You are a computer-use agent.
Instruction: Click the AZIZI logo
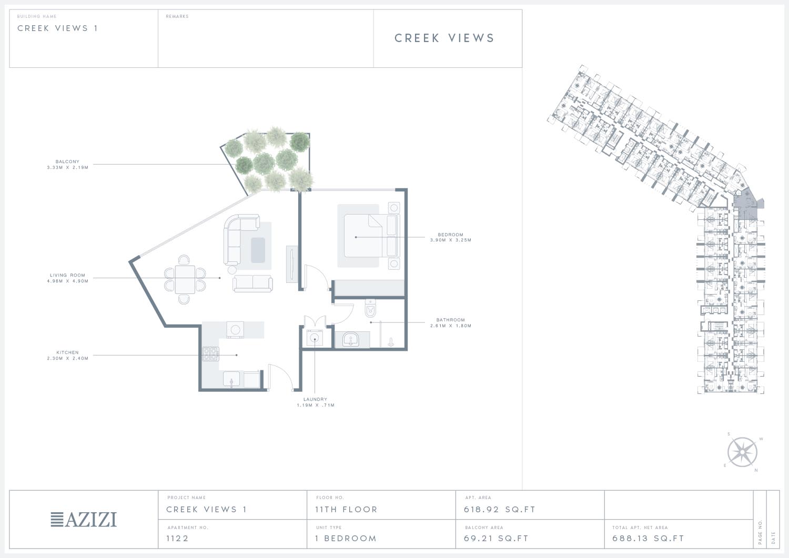[x=84, y=520]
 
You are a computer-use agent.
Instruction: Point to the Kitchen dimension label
[x=68, y=358]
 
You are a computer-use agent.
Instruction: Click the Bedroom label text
[x=450, y=235]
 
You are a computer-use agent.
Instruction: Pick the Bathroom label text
[x=450, y=320]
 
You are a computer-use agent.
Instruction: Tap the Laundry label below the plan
[x=315, y=399]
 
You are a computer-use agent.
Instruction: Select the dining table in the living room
[x=185, y=279]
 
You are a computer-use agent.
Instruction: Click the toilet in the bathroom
[x=370, y=309]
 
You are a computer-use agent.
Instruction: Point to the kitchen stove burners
[x=210, y=354]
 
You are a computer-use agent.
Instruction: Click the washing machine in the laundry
[x=315, y=338]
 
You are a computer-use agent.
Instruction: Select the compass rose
[x=742, y=452]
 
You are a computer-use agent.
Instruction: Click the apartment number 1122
[x=178, y=538]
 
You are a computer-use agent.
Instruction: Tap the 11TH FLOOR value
[x=346, y=510]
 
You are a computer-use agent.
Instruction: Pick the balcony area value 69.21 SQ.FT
[x=497, y=538]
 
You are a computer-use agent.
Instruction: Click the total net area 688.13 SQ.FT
[x=648, y=538]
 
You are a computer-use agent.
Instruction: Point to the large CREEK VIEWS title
[x=444, y=38]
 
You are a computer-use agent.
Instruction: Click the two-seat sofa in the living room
[x=252, y=283]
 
